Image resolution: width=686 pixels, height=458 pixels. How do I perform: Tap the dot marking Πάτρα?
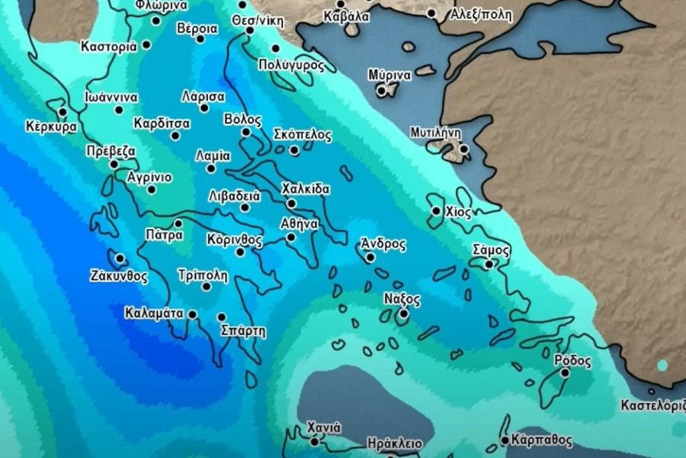pos(178,224)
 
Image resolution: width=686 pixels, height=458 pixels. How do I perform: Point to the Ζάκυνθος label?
pos(118,276)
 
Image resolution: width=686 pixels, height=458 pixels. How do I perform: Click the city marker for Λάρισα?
pos(204,108)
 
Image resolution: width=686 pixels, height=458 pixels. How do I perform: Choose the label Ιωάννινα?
pos(111,98)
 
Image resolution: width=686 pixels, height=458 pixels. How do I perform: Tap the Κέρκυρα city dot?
pos(63,112)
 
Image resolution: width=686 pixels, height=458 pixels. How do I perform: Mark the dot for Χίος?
pos(436,211)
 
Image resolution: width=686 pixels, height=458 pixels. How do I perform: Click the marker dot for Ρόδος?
pos(565,373)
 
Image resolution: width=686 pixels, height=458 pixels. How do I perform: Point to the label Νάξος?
pos(401,299)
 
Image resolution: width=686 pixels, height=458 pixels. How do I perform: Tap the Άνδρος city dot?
pos(370,258)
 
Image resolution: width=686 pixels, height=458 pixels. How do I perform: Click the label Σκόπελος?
pos(303,135)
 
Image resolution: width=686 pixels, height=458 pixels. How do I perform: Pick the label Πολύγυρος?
pos(292,66)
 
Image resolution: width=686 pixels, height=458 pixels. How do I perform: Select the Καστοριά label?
pos(109,46)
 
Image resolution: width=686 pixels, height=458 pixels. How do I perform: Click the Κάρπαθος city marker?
pos(505,440)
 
